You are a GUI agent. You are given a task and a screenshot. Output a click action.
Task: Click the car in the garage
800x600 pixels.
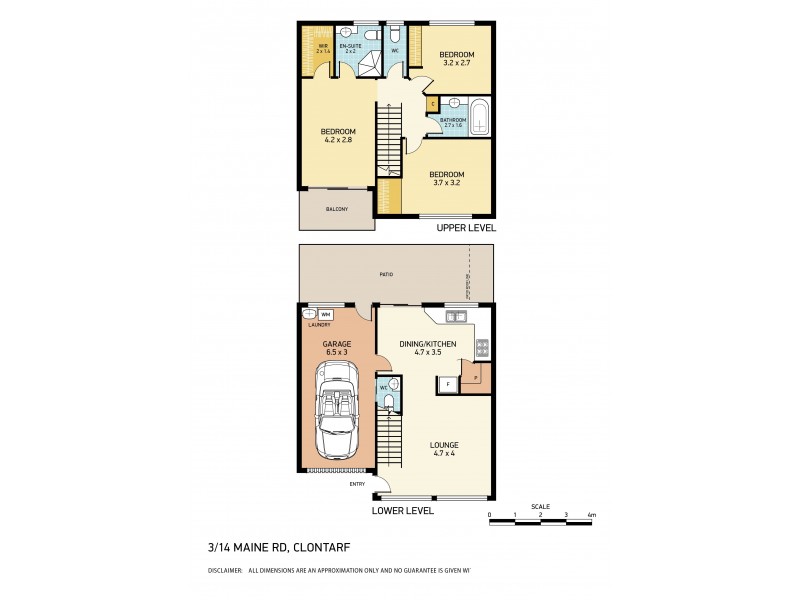[x=336, y=410]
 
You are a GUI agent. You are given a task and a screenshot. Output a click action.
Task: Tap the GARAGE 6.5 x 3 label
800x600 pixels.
[x=336, y=347]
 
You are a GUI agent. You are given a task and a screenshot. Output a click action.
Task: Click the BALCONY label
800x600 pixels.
[x=337, y=209]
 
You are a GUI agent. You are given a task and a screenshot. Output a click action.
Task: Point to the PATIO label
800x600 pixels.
[x=386, y=274]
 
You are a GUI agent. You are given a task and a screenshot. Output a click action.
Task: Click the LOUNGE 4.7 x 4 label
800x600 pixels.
[x=446, y=448]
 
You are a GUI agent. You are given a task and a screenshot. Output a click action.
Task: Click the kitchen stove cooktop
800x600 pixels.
[x=482, y=348]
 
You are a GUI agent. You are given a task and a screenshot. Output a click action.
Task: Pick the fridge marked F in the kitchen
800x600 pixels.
[x=448, y=383]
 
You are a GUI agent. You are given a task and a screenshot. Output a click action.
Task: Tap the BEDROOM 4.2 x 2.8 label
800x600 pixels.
[x=338, y=136]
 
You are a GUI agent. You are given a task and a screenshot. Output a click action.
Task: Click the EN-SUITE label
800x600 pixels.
[x=351, y=46]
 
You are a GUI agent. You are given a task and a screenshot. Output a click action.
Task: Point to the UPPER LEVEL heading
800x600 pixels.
[x=466, y=228]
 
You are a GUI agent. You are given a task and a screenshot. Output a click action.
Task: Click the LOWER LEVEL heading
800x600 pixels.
[x=402, y=510]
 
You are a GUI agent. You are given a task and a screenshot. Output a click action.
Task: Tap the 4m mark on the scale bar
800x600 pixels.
[x=591, y=516]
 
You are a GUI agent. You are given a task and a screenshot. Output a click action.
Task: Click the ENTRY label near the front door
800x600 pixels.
[x=357, y=485]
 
